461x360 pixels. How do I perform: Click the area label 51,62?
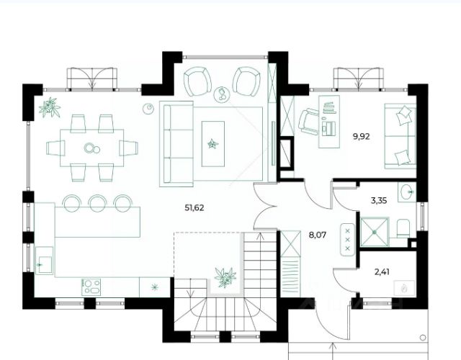[194, 208]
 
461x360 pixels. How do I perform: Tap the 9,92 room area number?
[361, 136]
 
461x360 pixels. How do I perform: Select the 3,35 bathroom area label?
[379, 201]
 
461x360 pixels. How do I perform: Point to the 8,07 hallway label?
[318, 235]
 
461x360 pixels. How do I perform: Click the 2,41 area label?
[382, 272]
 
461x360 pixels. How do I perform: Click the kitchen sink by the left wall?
[45, 261]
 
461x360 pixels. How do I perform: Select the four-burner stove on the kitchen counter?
[91, 287]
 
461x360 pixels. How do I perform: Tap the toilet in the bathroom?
[403, 228]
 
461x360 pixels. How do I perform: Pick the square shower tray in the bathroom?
[375, 232]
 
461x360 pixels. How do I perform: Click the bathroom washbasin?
[407, 192]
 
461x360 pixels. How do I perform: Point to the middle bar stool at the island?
[98, 203]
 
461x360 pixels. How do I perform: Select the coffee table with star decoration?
[213, 144]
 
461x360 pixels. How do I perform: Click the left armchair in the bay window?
[197, 81]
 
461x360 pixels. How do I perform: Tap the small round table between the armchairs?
[222, 94]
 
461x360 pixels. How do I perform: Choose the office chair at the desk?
[308, 122]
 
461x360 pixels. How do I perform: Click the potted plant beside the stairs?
[225, 277]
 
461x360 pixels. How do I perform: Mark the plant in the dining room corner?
[50, 107]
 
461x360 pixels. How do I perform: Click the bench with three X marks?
[348, 240]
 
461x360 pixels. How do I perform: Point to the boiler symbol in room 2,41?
[404, 289]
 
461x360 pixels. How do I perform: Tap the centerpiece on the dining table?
[91, 148]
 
